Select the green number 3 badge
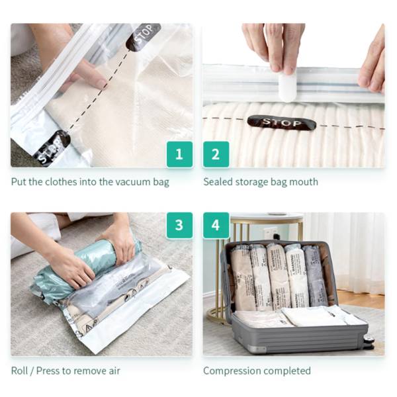click(x=179, y=225)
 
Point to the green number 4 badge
click(x=216, y=225)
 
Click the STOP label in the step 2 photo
click(x=281, y=122)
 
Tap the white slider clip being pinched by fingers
click(x=287, y=86)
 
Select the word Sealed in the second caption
click(x=218, y=182)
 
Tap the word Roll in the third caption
click(x=21, y=371)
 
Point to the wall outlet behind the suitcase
click(x=270, y=233)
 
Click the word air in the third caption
click(x=113, y=371)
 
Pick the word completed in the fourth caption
click(x=287, y=371)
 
